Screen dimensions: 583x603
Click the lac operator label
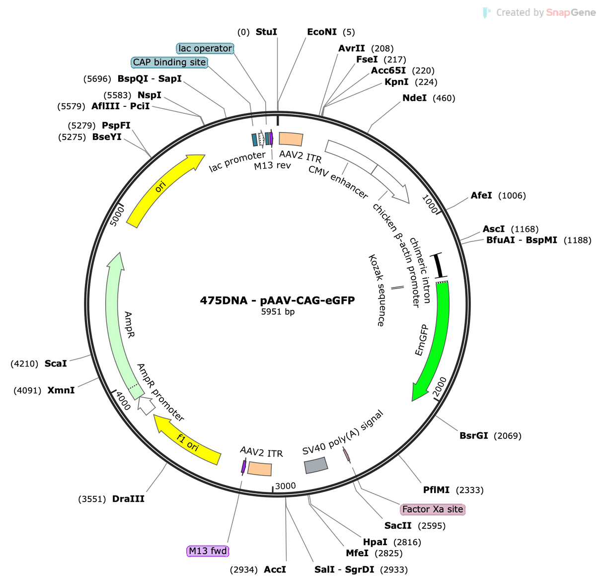pos(205,48)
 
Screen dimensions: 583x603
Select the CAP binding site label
pos(169,62)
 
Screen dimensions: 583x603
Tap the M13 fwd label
pos(208,551)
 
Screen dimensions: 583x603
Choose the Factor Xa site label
pos(433,509)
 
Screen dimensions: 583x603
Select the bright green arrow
pos(437,338)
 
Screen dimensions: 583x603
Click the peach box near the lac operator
pos(291,139)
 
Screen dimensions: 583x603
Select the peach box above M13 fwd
pos(259,468)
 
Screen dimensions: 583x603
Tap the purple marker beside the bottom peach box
pos(244,467)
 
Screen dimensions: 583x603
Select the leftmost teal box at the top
pos(254,139)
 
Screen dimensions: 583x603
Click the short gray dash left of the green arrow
pos(397,288)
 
